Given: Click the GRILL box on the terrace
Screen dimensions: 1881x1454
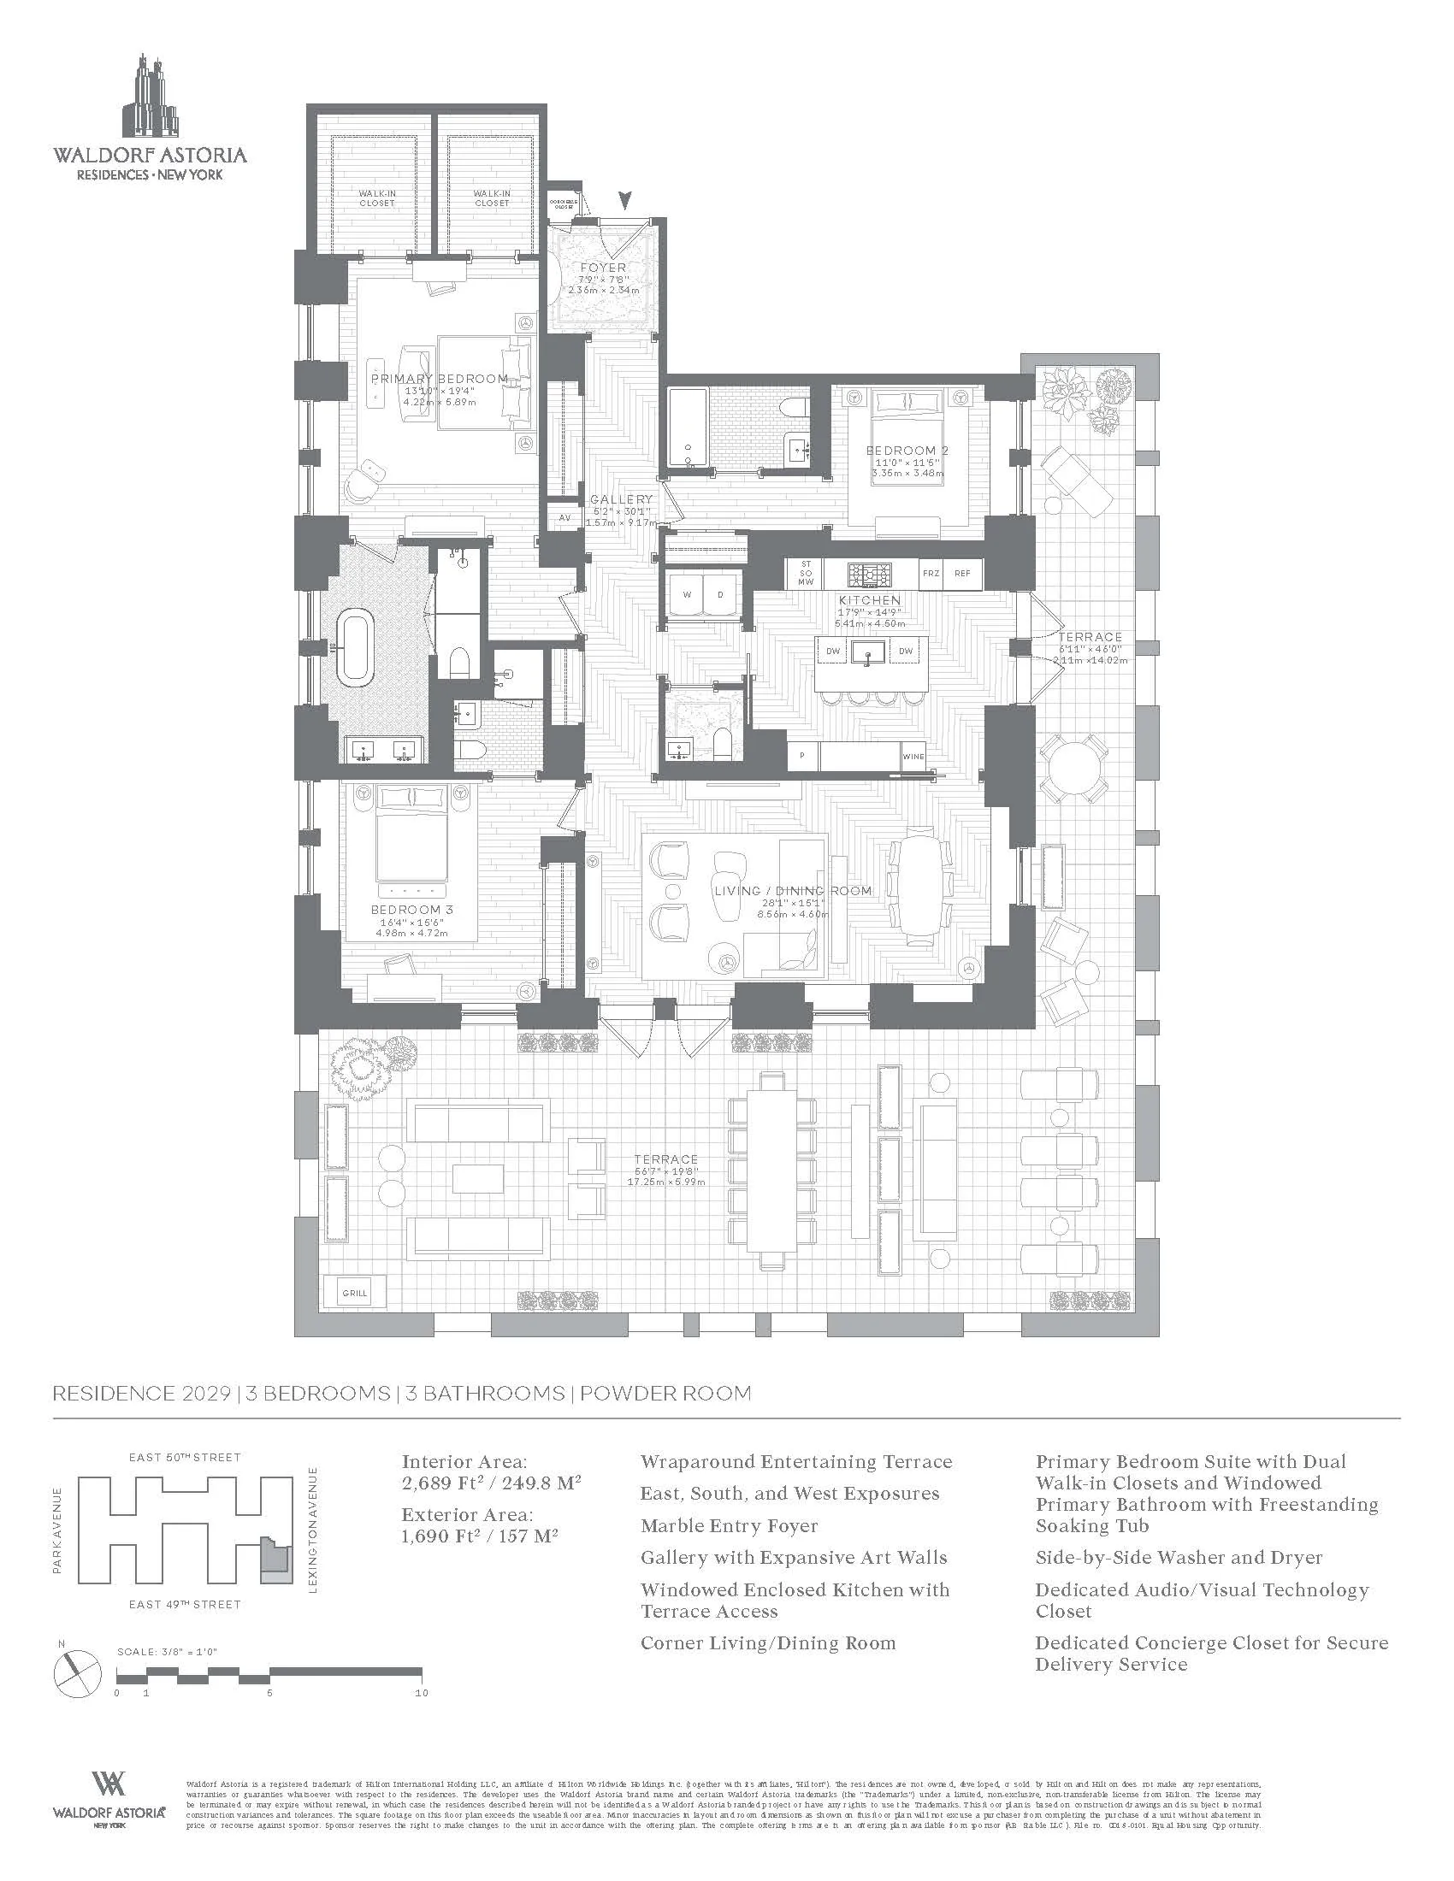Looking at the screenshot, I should [354, 1292].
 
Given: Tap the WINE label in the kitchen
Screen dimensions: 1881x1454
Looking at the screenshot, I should [913, 757].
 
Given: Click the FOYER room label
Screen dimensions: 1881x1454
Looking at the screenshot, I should [602, 268].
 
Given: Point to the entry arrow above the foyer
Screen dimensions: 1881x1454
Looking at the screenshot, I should [625, 201].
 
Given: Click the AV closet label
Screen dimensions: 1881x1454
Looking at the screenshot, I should [565, 518].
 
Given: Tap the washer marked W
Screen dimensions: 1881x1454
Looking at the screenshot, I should [687, 595].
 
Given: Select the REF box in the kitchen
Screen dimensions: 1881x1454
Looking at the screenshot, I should [961, 573].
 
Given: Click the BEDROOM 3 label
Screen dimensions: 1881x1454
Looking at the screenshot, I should [411, 910].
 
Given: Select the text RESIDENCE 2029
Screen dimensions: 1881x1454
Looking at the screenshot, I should [141, 1394].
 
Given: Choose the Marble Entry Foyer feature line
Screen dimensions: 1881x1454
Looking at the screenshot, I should [729, 1525].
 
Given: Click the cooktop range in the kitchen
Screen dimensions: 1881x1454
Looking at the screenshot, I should [867, 572].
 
